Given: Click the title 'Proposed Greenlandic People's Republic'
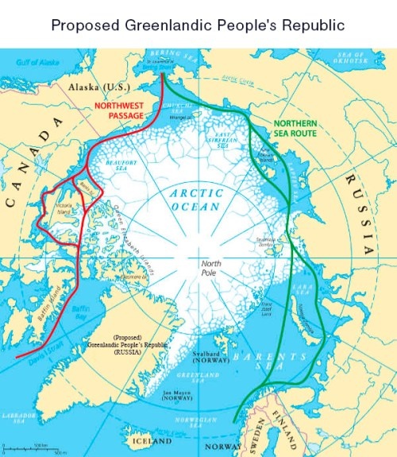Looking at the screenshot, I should pyautogui.click(x=198, y=25).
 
